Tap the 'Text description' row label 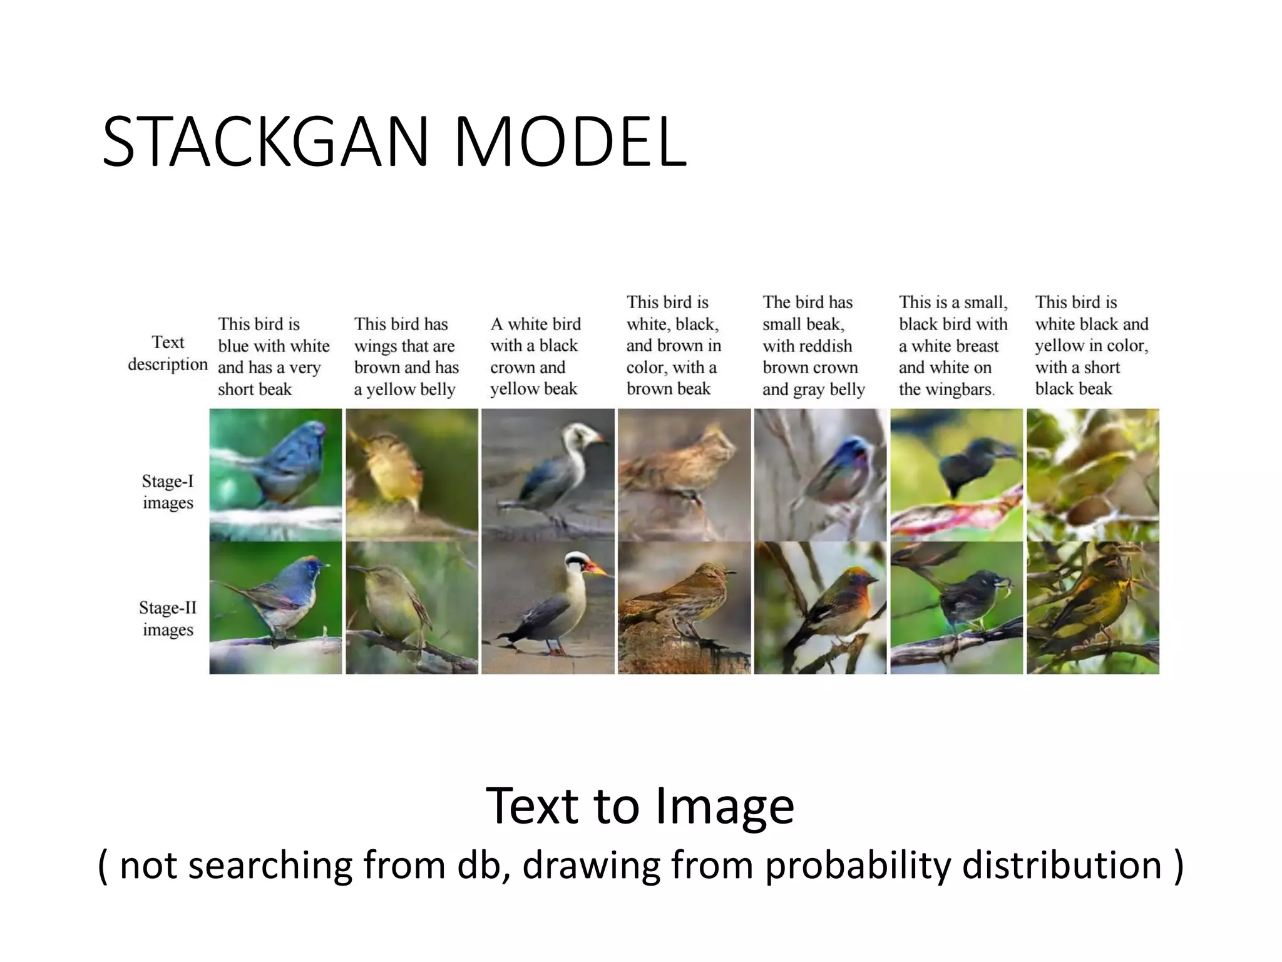168,353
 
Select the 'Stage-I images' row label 168,492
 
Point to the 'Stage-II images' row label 168,618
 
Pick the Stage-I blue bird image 276,474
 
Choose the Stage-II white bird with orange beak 548,608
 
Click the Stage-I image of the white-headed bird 548,474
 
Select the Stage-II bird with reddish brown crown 820,608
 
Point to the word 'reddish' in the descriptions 828,346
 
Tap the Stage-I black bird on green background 956,474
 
